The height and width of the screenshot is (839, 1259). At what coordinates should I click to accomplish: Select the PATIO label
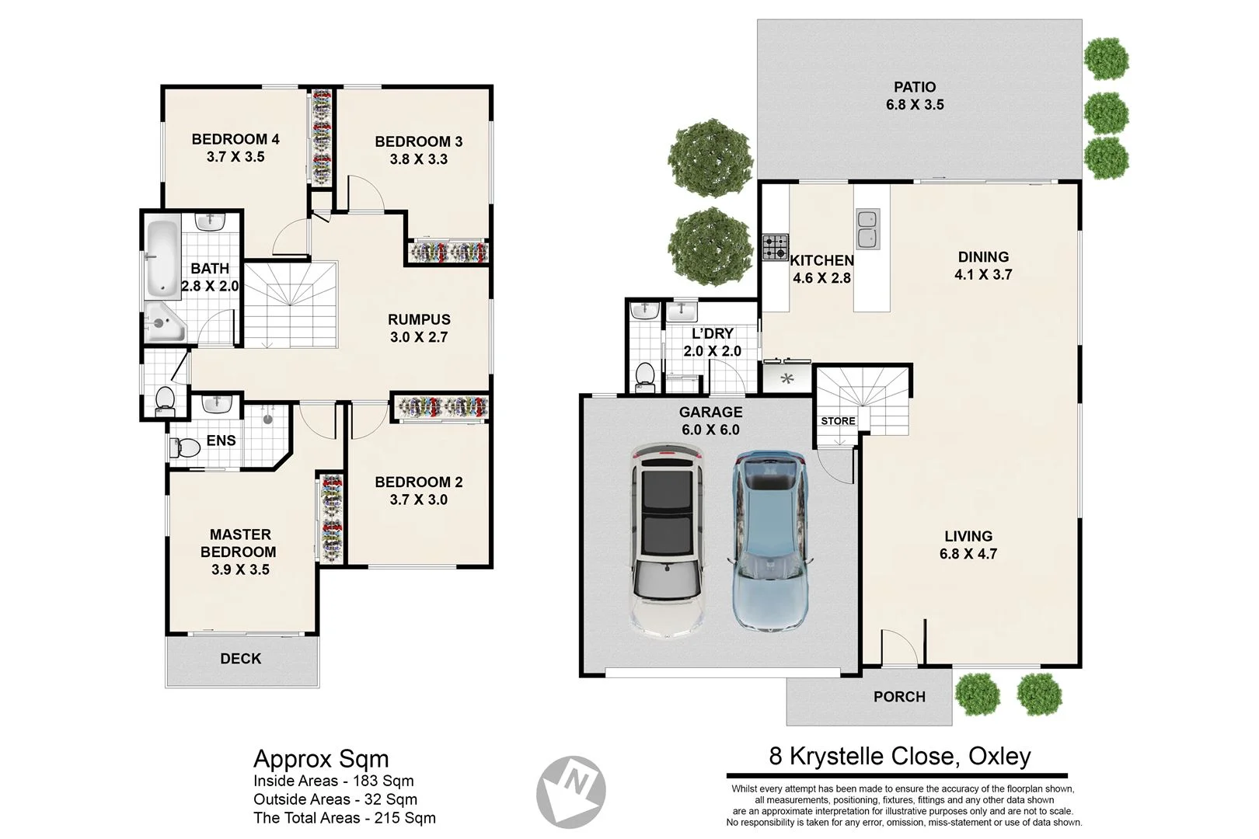pos(915,87)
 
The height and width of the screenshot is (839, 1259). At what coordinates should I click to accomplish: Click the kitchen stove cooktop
pos(775,248)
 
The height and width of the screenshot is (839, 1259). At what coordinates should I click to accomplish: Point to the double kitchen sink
pos(867,229)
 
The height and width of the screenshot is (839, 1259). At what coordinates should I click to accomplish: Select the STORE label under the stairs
pos(838,421)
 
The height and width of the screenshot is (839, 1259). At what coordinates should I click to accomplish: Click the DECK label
pos(241,659)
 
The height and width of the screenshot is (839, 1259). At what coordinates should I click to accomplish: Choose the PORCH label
pos(899,697)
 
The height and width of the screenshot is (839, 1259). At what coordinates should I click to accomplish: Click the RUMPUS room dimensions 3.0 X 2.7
pos(419,337)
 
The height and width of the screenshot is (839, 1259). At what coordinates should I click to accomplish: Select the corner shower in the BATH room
pos(163,323)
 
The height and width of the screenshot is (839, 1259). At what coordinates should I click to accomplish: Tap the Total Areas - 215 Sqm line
pos(344,818)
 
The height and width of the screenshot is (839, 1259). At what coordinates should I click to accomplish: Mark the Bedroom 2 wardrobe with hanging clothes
pos(442,408)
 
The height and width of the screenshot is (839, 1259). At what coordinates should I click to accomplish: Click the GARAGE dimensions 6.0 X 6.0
pos(710,430)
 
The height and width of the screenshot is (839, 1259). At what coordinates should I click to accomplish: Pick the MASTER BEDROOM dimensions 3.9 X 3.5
pos(240,569)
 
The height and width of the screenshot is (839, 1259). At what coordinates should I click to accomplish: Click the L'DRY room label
pos(712,333)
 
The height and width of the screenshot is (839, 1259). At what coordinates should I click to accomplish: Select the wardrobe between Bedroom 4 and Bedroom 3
pos(322,137)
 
